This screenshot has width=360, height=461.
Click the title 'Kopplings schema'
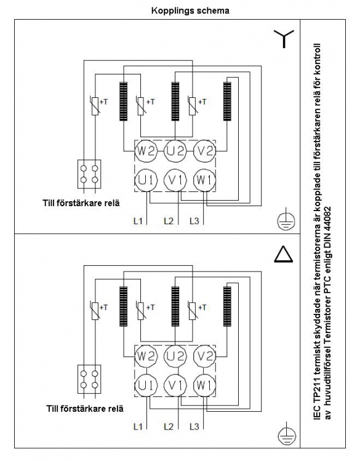(190, 10)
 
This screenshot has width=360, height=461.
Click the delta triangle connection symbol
(284, 255)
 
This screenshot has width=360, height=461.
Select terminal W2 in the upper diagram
(146, 151)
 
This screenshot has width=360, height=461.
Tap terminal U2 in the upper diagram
(175, 151)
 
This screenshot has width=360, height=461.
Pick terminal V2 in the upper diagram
(204, 151)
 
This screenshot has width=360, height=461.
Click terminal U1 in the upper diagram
(146, 180)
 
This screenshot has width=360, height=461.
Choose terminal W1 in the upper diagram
(204, 180)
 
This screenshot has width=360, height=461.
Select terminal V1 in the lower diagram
(175, 385)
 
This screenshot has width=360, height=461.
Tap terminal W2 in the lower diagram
(146, 356)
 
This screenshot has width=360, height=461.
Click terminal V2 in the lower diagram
(204, 356)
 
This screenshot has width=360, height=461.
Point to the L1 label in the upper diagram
(138, 221)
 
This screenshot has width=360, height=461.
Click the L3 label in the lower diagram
(194, 426)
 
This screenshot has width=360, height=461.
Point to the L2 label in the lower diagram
(169, 426)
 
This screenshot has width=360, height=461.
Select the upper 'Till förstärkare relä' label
(81, 203)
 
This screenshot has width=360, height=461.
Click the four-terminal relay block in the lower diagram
(89, 379)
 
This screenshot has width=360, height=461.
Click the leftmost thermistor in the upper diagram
(95, 105)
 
